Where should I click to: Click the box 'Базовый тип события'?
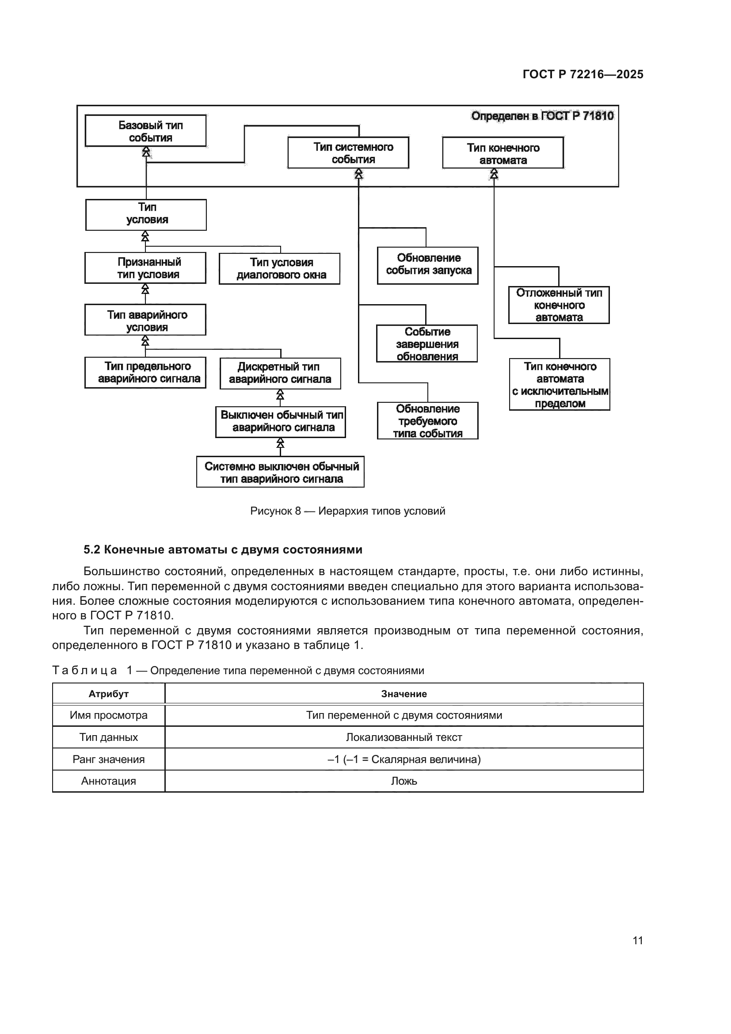145,130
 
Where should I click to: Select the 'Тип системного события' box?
348,153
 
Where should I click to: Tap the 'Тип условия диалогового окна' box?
279,268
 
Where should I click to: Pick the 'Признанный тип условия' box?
145,268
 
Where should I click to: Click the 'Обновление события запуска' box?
428,265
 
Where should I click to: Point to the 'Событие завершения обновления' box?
427,343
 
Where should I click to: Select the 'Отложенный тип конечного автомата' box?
559,305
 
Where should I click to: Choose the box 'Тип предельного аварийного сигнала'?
145,372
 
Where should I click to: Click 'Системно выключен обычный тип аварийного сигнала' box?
281,472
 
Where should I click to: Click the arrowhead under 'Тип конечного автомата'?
494,173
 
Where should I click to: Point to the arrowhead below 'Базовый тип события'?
146,152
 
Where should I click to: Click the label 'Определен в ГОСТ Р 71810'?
542,116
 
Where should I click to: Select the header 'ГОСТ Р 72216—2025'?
583,74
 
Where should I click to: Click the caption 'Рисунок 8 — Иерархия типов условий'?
347,511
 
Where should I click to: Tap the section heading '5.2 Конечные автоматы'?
223,549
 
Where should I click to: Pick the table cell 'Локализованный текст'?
404,737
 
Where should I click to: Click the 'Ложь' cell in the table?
404,781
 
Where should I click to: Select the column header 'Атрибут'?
108,694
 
